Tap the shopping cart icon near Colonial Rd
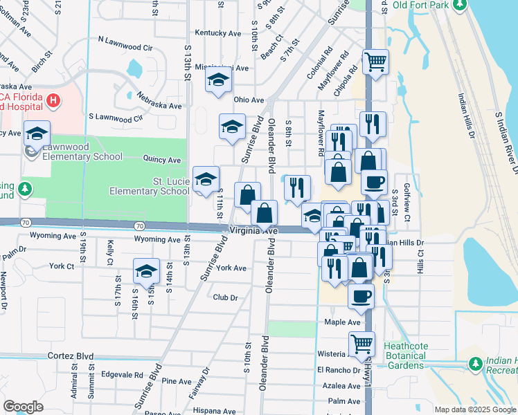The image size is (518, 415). (x=375, y=62)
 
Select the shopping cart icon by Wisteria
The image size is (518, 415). (x=361, y=344)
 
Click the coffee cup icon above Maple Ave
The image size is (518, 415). (x=361, y=297)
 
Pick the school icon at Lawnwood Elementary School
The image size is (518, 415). (x=37, y=133)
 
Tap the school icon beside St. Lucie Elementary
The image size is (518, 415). (x=206, y=179)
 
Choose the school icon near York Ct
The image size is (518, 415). (x=146, y=271)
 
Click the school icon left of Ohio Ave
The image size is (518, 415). (x=218, y=80)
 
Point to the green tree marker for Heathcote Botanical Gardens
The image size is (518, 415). (x=475, y=363)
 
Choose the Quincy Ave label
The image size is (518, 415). (x=161, y=160)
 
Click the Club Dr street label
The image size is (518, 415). (x=225, y=297)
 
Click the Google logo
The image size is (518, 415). (x=23, y=407)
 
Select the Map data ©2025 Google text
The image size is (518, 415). (x=475, y=409)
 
